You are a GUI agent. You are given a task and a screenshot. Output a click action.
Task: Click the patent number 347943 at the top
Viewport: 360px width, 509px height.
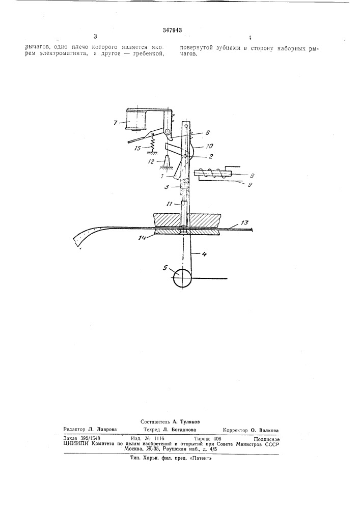172,30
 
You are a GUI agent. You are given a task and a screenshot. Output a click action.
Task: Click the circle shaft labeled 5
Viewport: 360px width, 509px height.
182,277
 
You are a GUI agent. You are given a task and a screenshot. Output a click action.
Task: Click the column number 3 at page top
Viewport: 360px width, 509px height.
95,36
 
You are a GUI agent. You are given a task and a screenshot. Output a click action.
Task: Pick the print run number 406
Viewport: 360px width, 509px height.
217,438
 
